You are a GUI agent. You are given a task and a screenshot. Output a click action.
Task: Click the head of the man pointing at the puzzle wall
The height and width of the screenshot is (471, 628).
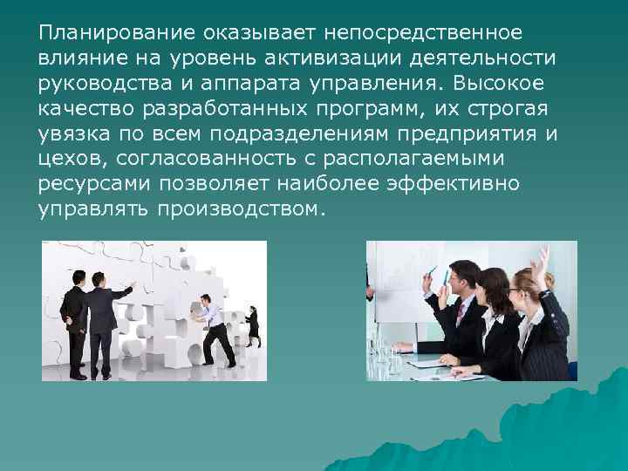[x=101, y=280]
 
